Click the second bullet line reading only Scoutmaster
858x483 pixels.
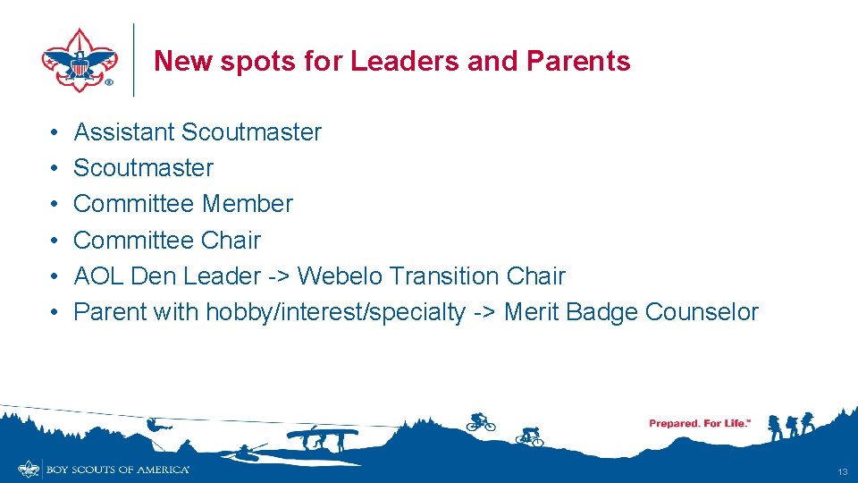point(143,168)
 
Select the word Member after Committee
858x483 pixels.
point(247,204)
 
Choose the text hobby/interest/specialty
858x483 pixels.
point(335,313)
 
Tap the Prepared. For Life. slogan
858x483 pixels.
point(699,423)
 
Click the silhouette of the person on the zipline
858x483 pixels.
point(155,424)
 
